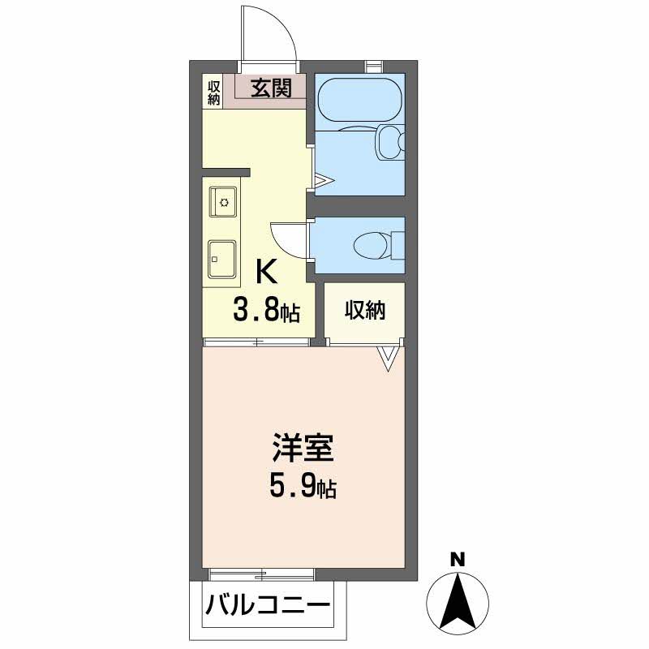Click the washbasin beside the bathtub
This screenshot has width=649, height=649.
(389, 143)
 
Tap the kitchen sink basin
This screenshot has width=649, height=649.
(221, 259)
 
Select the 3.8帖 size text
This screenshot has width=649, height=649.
(267, 310)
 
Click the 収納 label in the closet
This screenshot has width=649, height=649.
(364, 310)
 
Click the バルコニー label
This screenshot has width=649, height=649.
(267, 605)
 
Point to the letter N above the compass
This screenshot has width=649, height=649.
(458, 559)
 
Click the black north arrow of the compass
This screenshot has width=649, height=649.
(458, 600)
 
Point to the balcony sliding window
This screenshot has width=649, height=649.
(261, 575)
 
